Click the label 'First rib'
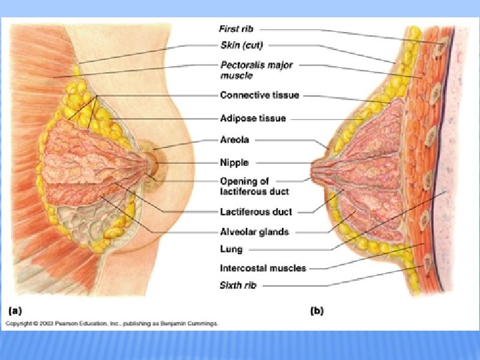(x=236, y=29)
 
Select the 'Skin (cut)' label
(x=241, y=45)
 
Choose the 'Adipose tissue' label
(x=253, y=118)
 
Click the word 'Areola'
(x=234, y=140)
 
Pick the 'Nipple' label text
(x=234, y=162)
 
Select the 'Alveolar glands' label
(x=254, y=231)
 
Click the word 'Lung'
(x=231, y=249)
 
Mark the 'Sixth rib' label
(x=237, y=285)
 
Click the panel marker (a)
(x=15, y=311)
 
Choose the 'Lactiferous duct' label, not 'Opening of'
(x=256, y=211)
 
